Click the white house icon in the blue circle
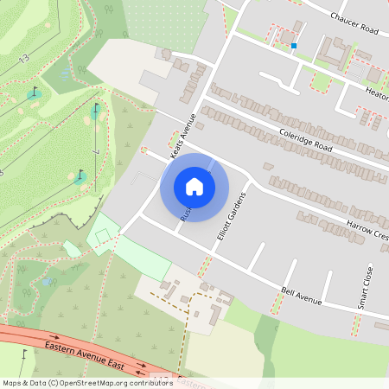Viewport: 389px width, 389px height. tap(194, 187)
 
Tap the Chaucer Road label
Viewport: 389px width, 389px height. tap(354, 23)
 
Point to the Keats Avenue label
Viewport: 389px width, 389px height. tap(183, 130)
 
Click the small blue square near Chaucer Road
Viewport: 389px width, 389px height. tap(294, 45)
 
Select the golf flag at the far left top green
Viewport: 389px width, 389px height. tap(35, 91)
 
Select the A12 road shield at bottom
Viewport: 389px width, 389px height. tap(160, 378)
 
